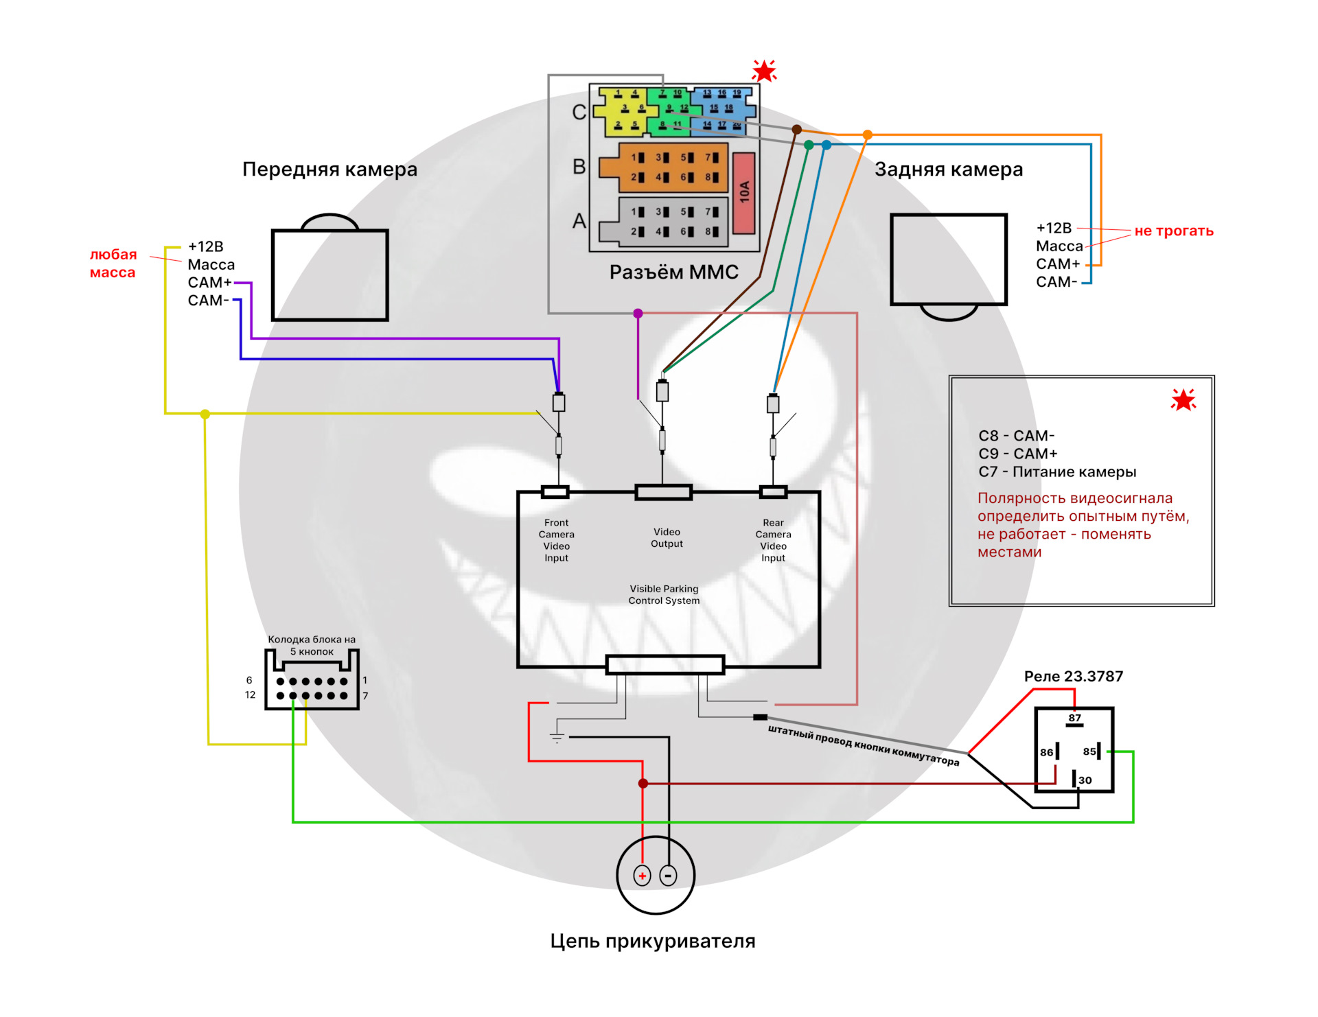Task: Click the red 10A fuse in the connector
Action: click(744, 193)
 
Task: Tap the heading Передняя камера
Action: click(329, 169)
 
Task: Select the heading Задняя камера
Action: click(948, 169)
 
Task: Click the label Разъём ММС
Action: click(673, 272)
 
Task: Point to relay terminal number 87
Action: click(1074, 718)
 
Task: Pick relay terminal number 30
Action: click(1084, 780)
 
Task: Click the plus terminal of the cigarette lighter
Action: click(642, 876)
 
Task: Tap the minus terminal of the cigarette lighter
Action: click(668, 876)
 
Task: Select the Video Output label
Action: click(667, 538)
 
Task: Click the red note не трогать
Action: click(1173, 231)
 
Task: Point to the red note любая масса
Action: click(113, 264)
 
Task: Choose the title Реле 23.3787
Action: click(1073, 677)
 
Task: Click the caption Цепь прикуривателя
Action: click(652, 942)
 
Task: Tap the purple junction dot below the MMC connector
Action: click(638, 314)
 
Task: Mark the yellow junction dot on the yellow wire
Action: click(205, 414)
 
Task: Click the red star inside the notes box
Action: click(1183, 400)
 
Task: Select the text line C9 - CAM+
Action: click(1017, 454)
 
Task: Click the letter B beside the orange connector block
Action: click(579, 167)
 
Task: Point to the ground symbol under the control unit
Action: click(557, 738)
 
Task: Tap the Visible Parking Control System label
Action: click(664, 595)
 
